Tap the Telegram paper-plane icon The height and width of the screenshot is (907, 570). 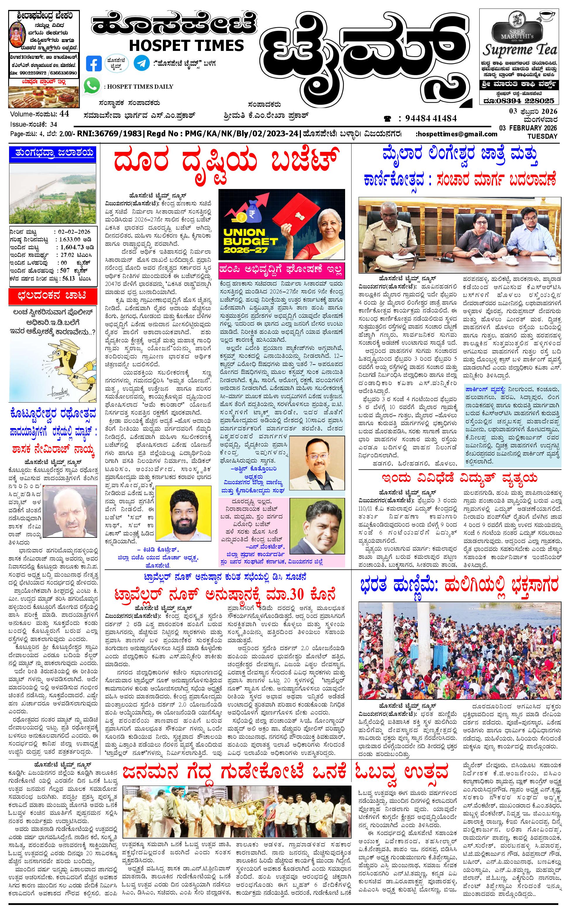tap(141, 63)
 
